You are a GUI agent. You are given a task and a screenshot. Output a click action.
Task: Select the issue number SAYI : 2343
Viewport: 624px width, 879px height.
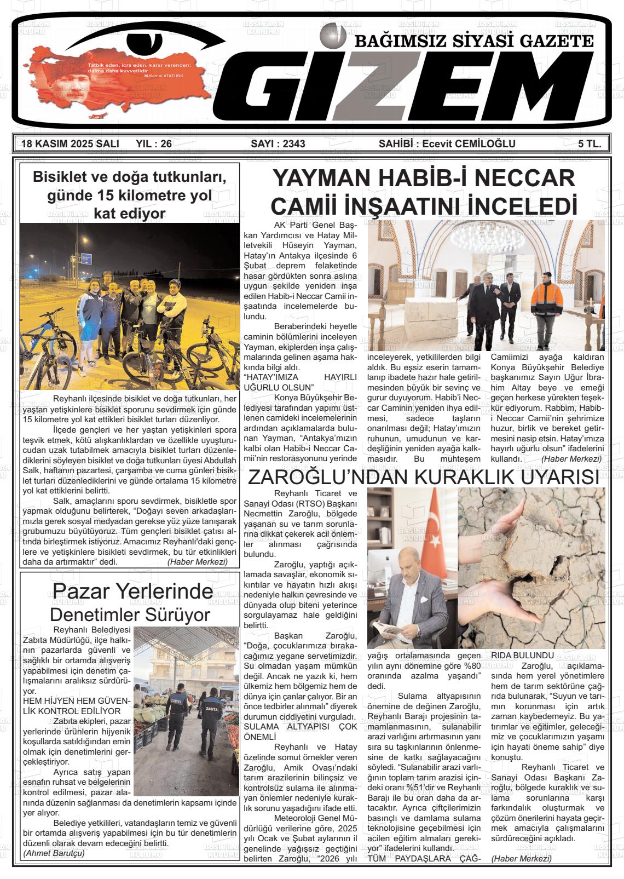coord(278,144)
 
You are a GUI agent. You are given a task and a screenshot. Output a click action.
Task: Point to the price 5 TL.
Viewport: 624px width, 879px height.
coord(590,144)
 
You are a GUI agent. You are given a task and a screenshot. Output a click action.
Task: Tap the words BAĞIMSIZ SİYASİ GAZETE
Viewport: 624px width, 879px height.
coord(474,41)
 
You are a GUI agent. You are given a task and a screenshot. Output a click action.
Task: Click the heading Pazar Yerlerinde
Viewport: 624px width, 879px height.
coord(132,591)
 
